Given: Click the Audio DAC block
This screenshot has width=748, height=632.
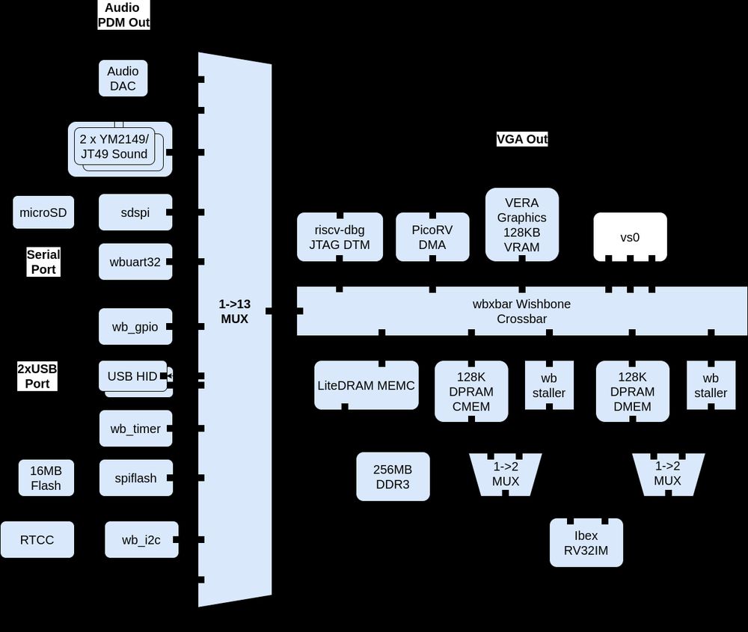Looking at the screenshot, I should [x=123, y=79].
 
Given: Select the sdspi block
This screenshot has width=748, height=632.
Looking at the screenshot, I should [x=135, y=212].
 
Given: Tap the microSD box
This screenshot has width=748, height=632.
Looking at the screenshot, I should [x=43, y=212].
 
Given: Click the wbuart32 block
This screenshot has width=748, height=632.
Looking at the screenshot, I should [x=135, y=262].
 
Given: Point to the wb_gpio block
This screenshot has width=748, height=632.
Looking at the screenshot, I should [x=135, y=327].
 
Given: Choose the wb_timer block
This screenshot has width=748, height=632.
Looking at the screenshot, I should [x=135, y=429].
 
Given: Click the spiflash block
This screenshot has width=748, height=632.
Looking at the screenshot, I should [x=135, y=478].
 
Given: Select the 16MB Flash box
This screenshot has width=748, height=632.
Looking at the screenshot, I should [x=46, y=478].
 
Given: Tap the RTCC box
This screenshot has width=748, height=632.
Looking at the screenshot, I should [x=37, y=539].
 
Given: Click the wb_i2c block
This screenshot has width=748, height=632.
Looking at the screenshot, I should [x=141, y=539].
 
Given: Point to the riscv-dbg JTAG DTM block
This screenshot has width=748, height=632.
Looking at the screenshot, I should [x=340, y=237].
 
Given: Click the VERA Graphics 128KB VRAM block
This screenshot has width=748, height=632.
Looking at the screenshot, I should [x=521, y=224].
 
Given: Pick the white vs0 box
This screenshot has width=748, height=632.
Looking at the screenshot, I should [x=630, y=237].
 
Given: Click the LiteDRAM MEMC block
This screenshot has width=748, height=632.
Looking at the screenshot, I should [x=366, y=385].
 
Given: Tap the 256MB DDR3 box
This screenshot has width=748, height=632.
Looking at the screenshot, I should [x=393, y=476].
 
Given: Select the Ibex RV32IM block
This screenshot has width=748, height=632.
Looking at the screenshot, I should [x=586, y=542].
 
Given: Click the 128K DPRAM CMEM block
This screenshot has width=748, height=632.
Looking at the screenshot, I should [x=471, y=391].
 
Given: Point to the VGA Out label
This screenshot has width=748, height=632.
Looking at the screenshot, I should [x=522, y=139].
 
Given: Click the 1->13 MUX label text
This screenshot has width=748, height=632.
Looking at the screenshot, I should [x=234, y=311].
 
